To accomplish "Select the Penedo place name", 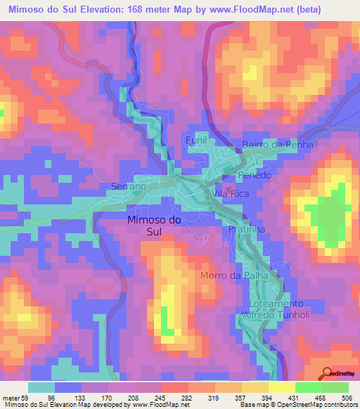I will [254, 175].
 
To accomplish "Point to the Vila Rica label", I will [231, 193].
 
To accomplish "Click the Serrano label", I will [128, 187].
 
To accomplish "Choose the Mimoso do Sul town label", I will [154, 226].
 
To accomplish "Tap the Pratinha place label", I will [245, 230].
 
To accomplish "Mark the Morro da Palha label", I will [235, 275].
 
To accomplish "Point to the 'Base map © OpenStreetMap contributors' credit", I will [297, 405].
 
